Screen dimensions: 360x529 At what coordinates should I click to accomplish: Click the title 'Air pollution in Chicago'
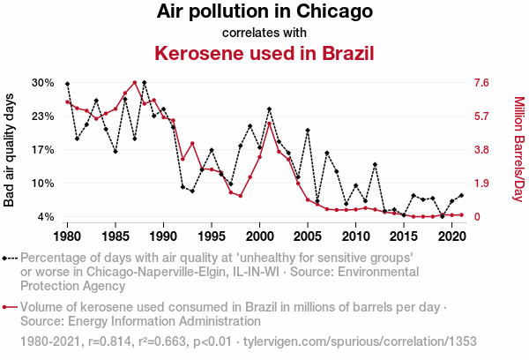[264, 12]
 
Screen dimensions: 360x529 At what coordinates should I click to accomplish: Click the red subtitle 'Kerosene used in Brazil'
[264, 52]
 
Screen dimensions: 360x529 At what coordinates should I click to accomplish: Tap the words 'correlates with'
[264, 33]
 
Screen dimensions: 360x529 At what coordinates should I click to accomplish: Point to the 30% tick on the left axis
[43, 83]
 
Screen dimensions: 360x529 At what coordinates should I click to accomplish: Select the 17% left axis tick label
[43, 150]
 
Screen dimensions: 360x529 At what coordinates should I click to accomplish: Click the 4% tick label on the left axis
[46, 217]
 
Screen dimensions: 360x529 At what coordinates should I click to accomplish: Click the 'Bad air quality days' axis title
[11, 150]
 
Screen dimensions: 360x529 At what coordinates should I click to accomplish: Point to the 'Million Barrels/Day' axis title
[518, 150]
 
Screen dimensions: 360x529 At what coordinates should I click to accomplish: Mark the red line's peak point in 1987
[135, 83]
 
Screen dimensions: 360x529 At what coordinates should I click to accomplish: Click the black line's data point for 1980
[68, 84]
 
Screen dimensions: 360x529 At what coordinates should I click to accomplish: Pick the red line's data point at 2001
[269, 124]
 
